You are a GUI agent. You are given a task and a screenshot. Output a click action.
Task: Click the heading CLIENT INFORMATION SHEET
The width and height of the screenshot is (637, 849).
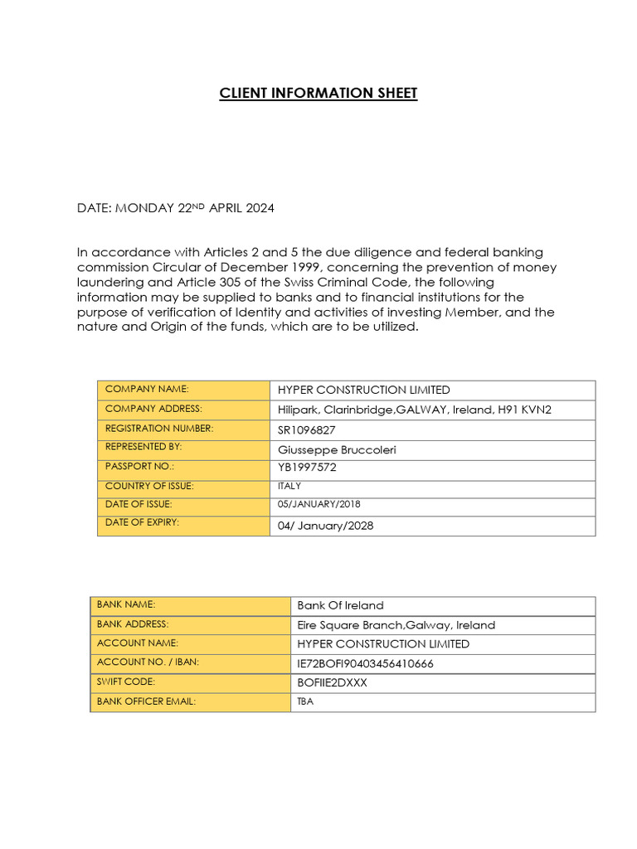(x=318, y=93)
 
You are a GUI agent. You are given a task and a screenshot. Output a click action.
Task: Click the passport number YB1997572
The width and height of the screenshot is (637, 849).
(x=307, y=468)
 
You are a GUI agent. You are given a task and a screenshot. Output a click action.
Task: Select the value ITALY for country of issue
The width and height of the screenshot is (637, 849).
(x=289, y=487)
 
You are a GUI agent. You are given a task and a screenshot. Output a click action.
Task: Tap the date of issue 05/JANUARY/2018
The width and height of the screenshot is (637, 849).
(x=318, y=504)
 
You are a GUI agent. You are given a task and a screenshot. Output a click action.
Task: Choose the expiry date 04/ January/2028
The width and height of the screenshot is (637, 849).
(x=325, y=526)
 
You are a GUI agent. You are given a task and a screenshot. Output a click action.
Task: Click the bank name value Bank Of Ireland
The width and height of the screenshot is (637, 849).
(x=340, y=605)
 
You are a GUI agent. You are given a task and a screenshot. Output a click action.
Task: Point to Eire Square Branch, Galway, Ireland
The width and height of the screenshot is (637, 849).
(x=396, y=625)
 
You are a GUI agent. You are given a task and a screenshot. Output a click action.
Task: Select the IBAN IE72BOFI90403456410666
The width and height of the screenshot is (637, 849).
(x=365, y=663)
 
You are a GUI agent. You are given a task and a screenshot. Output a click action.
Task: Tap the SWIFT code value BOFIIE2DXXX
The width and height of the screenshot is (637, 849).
(x=332, y=682)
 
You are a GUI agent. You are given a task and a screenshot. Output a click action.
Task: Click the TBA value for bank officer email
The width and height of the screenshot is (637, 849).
(x=305, y=701)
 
